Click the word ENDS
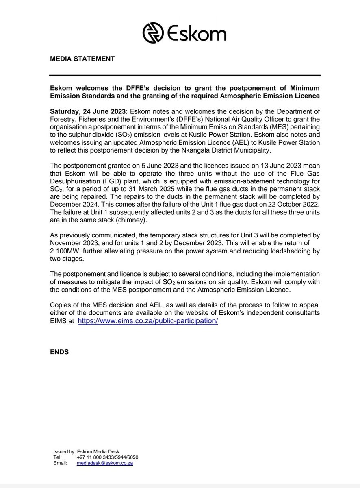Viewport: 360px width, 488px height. (x=59, y=352)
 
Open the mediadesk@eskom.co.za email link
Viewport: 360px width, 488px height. (x=105, y=463)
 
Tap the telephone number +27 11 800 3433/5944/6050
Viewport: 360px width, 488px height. (x=107, y=457)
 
